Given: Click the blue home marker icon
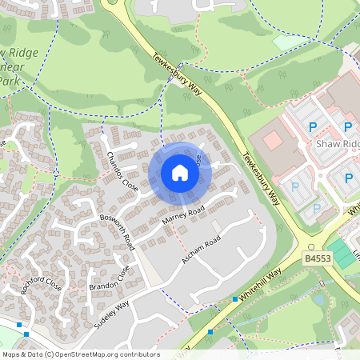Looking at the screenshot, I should click(x=180, y=172).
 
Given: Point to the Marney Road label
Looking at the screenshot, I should click(x=183, y=214).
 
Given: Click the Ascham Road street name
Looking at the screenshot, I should click(x=201, y=252).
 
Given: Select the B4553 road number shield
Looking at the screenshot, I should click(x=317, y=259).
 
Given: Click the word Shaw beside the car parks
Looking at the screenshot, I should click(x=329, y=144).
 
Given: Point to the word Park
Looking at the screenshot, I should click(x=8, y=81).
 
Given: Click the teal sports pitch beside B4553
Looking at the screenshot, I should click(x=343, y=254).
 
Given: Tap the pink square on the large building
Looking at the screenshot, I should click(x=273, y=141).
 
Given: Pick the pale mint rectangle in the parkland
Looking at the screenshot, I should click(x=289, y=41).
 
